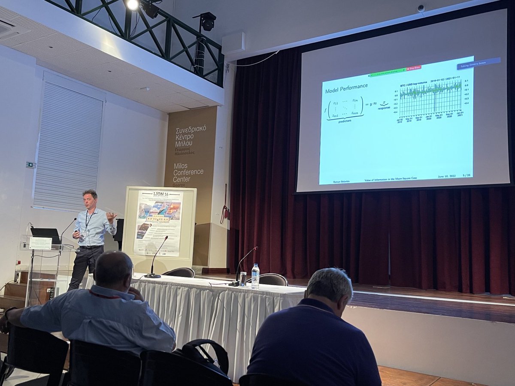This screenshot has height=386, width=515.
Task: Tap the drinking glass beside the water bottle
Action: (x=243, y=279)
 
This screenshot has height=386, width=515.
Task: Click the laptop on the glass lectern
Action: (x=45, y=235)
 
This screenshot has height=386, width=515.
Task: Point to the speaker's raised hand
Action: (x=111, y=216)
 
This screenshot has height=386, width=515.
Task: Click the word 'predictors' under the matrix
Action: (x=345, y=121)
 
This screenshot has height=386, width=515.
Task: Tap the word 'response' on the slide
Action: (x=384, y=108)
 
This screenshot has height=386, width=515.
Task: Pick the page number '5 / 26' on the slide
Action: (x=467, y=175)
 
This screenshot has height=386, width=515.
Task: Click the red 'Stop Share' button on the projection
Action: (x=414, y=68)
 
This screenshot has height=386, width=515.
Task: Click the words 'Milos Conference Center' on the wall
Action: (x=188, y=172)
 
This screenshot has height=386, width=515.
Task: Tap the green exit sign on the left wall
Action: (x=29, y=165)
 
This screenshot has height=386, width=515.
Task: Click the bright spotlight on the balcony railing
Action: (x=133, y=5)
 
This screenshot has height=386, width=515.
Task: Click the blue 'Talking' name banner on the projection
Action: (x=479, y=63)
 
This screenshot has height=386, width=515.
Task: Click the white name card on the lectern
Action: (x=41, y=243)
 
